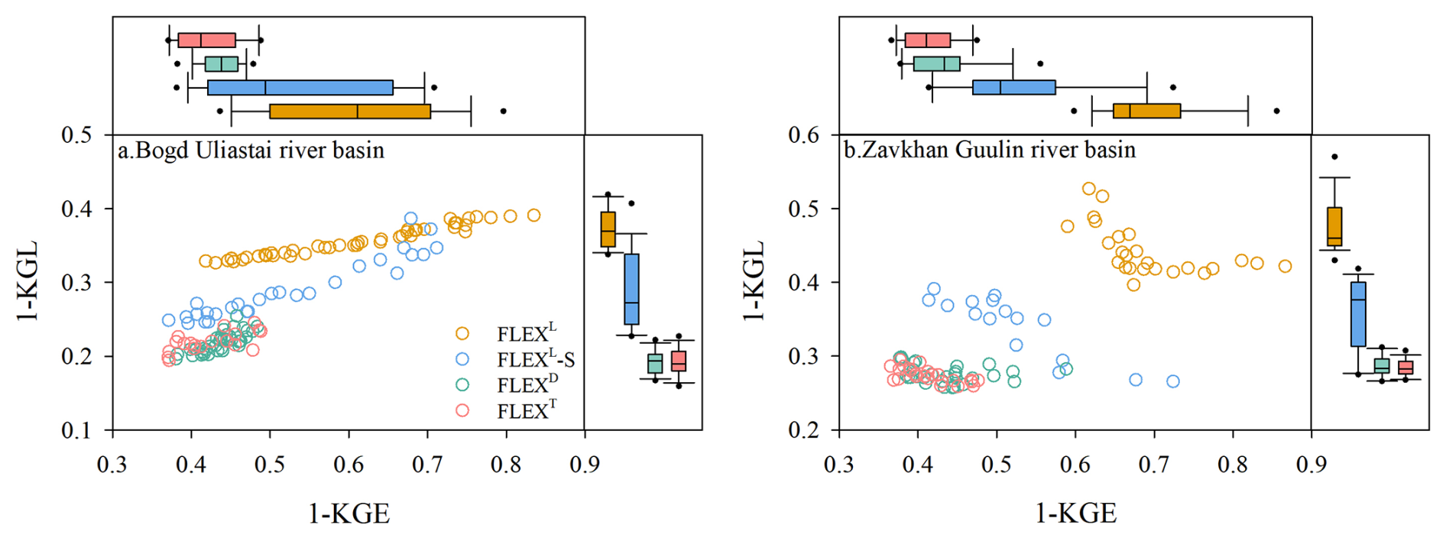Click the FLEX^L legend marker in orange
coord(462,333)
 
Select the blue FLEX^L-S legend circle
coord(462,359)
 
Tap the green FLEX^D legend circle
coord(462,384)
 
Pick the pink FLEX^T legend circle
coord(462,410)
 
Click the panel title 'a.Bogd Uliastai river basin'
coord(251,150)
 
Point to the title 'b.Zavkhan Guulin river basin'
coord(990,150)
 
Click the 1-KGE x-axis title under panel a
coord(349,514)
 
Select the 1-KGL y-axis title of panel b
coord(754,281)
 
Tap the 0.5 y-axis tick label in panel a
coord(76,135)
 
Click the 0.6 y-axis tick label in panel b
coord(803,135)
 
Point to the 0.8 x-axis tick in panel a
coord(506,465)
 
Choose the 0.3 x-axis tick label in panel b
coord(839,465)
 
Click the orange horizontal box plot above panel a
coord(350,112)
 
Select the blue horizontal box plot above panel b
coord(1013,87)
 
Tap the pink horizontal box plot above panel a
coord(206,41)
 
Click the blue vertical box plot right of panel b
coord(1358,313)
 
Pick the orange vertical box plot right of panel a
coord(608,229)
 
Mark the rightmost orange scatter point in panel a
coord(533,216)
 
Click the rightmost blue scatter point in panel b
coord(1172,381)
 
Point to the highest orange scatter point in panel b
coord(1089,189)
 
